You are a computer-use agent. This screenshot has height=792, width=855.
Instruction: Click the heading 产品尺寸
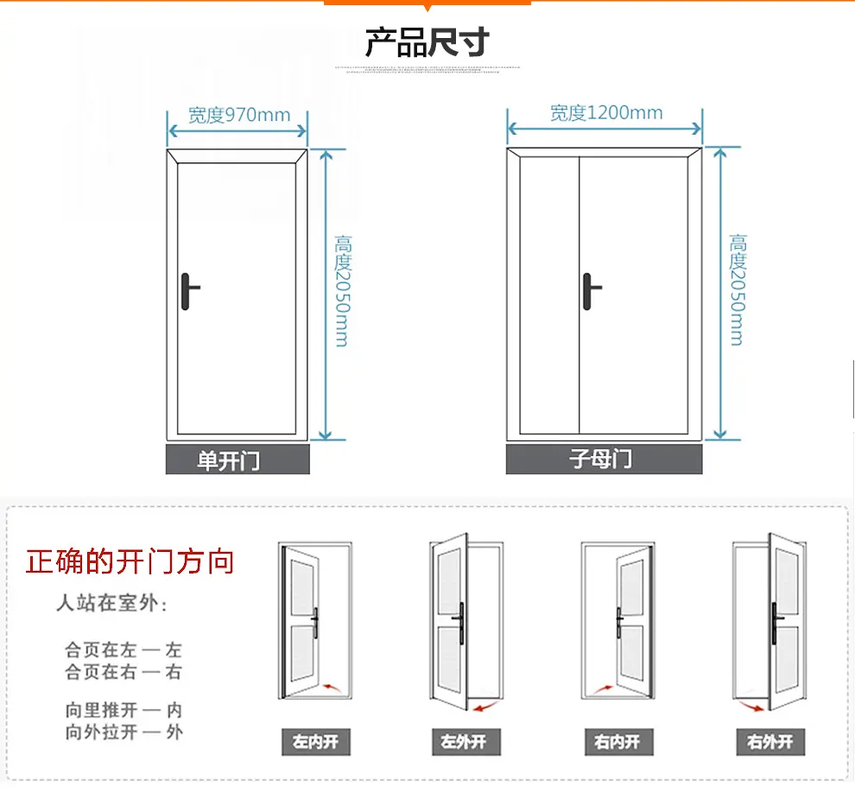pyautogui.click(x=427, y=41)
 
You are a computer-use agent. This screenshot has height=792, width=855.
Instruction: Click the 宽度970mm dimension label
pyautogui.click(x=238, y=115)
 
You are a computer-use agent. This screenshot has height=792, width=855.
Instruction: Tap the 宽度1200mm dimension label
pyautogui.click(x=606, y=113)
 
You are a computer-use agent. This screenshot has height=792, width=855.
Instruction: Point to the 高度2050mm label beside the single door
pyautogui.click(x=341, y=291)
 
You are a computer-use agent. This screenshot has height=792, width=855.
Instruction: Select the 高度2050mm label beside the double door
pyautogui.click(x=737, y=289)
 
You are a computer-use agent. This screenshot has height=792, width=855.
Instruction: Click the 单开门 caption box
pyautogui.click(x=237, y=460)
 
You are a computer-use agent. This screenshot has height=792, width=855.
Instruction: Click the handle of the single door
pyautogui.click(x=189, y=290)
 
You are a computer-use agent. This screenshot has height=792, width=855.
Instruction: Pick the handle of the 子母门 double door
pyautogui.click(x=590, y=289)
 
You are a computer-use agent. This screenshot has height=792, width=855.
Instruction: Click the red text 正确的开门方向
pyautogui.click(x=130, y=562)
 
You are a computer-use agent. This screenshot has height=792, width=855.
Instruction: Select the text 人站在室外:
pyautogui.click(x=111, y=603)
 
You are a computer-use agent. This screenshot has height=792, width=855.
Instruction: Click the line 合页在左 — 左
pyautogui.click(x=123, y=649)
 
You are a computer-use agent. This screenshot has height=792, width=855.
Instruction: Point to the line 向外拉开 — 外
pyautogui.click(x=123, y=732)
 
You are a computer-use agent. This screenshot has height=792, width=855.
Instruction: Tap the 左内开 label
pyautogui.click(x=316, y=742)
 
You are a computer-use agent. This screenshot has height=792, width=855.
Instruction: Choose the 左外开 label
pyautogui.click(x=465, y=742)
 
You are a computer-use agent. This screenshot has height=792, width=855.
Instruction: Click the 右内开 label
pyautogui.click(x=617, y=742)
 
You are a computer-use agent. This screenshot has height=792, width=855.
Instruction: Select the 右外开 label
pyautogui.click(x=769, y=742)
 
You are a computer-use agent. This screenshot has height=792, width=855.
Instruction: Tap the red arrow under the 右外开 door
pyautogui.click(x=754, y=707)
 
